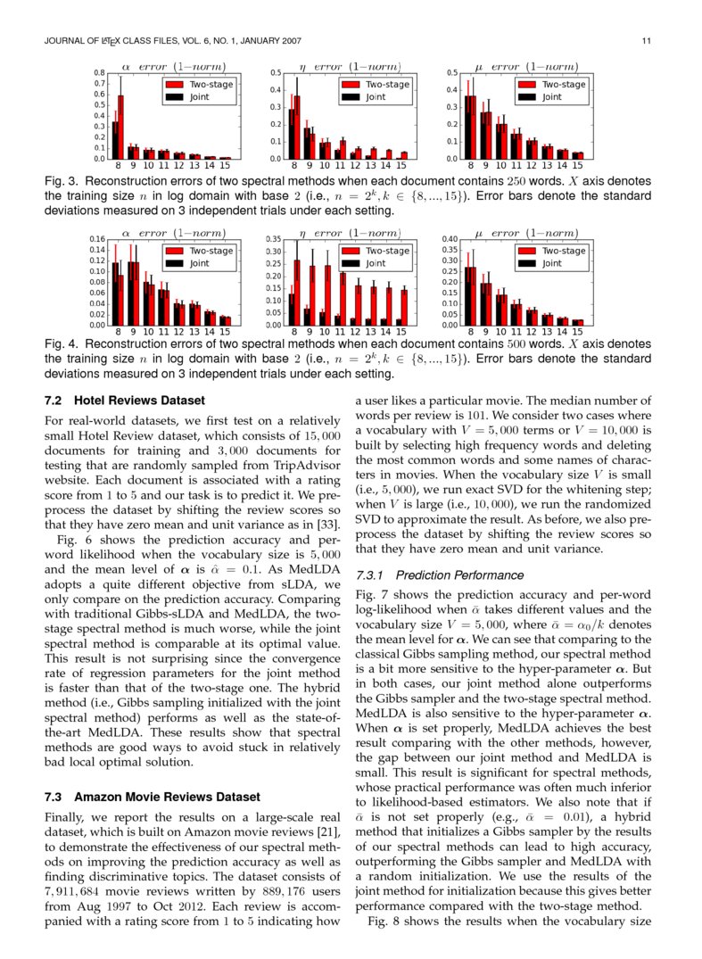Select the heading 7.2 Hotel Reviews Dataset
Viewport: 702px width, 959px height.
pyautogui.click(x=124, y=401)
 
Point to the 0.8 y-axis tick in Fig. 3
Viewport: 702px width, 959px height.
pyautogui.click(x=99, y=73)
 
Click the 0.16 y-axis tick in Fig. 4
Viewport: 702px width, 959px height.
pyautogui.click(x=95, y=239)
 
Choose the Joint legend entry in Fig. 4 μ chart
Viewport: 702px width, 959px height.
pyautogui.click(x=551, y=263)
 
